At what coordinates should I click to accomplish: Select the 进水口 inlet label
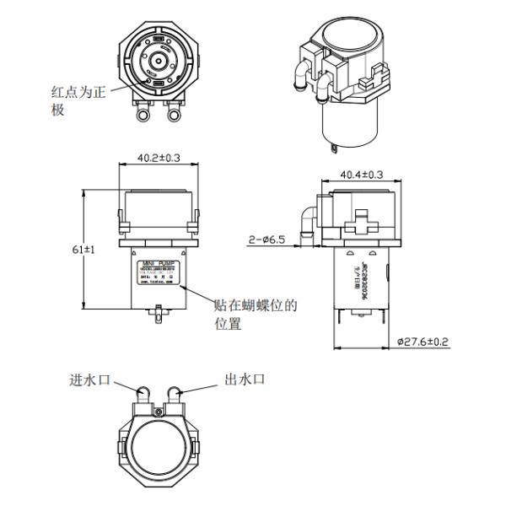coord(90,379)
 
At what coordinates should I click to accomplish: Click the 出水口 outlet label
coord(246,379)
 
